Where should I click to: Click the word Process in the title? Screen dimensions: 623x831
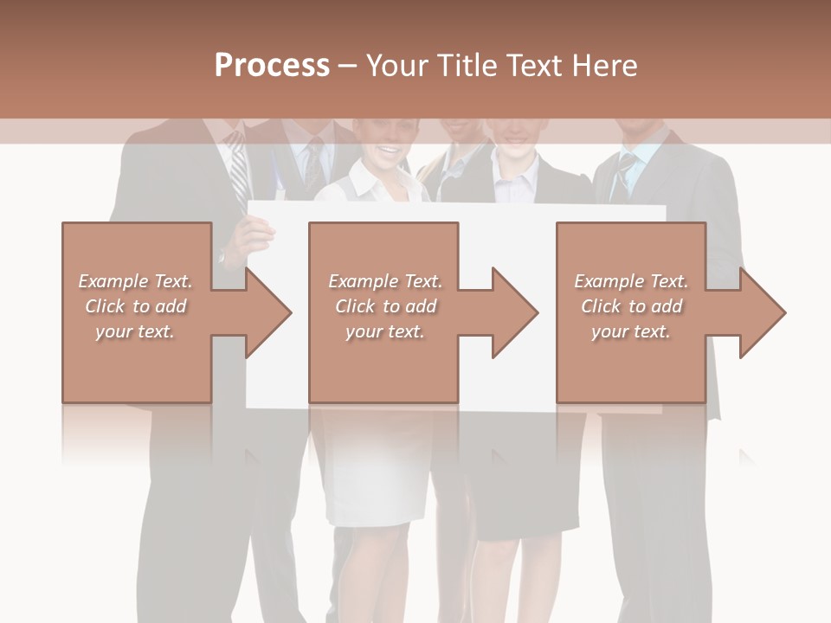click(x=272, y=66)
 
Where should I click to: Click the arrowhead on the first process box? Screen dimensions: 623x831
click(x=268, y=312)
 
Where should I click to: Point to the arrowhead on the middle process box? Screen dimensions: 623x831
click(x=515, y=312)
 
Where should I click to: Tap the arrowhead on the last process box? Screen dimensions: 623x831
click(x=763, y=312)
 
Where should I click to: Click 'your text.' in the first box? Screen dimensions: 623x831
click(x=135, y=331)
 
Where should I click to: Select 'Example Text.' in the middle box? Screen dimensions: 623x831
click(x=384, y=281)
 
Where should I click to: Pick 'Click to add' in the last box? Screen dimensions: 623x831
click(x=631, y=306)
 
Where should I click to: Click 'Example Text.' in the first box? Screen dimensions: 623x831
click(x=135, y=281)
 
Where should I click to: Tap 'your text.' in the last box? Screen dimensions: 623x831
click(x=631, y=331)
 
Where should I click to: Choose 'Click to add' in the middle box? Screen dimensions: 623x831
click(x=384, y=306)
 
